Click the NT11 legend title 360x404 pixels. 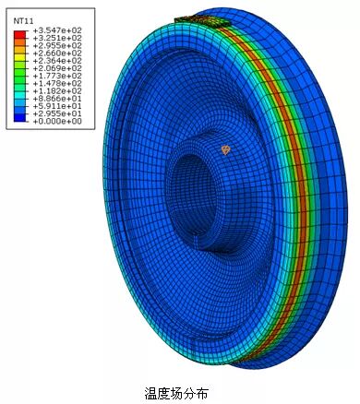pos(24,21)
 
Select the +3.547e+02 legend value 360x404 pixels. pos(57,30)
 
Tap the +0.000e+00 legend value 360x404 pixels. pos(57,122)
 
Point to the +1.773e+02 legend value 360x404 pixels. pos(57,76)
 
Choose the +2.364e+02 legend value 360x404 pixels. pos(57,61)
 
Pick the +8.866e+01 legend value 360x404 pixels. pos(57,99)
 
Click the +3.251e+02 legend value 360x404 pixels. pos(57,38)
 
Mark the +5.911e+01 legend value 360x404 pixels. pos(57,106)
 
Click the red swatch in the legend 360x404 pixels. pos(19,34)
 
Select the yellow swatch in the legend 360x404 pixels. pos(19,57)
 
